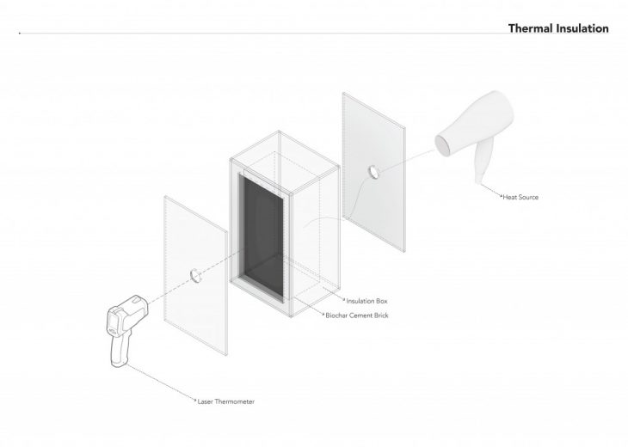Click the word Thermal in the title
(x=532, y=28)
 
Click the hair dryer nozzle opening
(x=443, y=142)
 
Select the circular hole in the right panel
(x=372, y=172)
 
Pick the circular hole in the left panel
(x=194, y=275)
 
